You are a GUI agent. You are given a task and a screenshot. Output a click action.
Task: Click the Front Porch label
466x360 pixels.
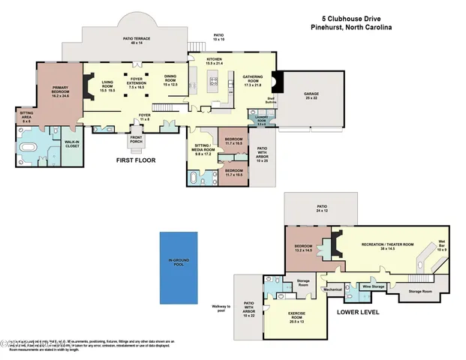click(137, 140)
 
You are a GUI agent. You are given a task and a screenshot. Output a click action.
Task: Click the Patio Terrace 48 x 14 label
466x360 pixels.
click(135, 42)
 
